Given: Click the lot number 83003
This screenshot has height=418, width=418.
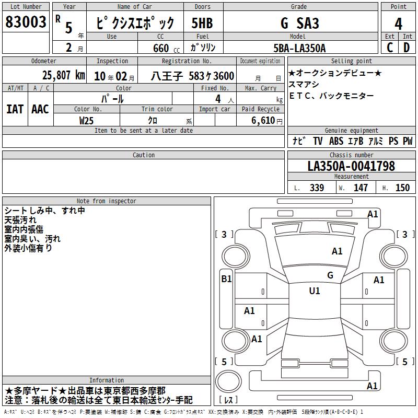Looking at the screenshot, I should [26, 22].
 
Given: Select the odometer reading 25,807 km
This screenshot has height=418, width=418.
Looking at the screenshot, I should [63, 75].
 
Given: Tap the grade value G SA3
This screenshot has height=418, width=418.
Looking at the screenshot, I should [299, 23].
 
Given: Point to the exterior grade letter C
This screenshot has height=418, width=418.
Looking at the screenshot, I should [390, 48].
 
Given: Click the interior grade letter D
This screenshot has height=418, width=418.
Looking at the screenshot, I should [407, 48].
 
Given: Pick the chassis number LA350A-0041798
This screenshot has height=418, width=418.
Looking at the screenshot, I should [351, 166].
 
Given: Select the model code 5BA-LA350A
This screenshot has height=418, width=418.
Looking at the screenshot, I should [299, 48].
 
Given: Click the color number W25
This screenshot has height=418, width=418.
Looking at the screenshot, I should [87, 120].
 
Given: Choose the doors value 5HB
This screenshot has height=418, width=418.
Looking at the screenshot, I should [202, 23].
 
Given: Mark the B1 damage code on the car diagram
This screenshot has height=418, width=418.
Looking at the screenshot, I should [226, 279].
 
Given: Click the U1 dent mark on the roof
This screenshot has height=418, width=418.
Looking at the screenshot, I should [315, 291].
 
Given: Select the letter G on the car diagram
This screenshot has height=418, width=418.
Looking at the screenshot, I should [330, 275].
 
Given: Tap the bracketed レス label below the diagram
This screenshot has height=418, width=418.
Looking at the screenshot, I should [228, 400].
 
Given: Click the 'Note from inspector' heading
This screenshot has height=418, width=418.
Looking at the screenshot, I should [106, 201].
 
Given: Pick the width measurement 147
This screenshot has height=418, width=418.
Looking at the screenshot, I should [361, 188].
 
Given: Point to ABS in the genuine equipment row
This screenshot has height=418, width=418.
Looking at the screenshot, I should [336, 141].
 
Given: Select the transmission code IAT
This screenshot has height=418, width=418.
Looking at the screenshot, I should [15, 109].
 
